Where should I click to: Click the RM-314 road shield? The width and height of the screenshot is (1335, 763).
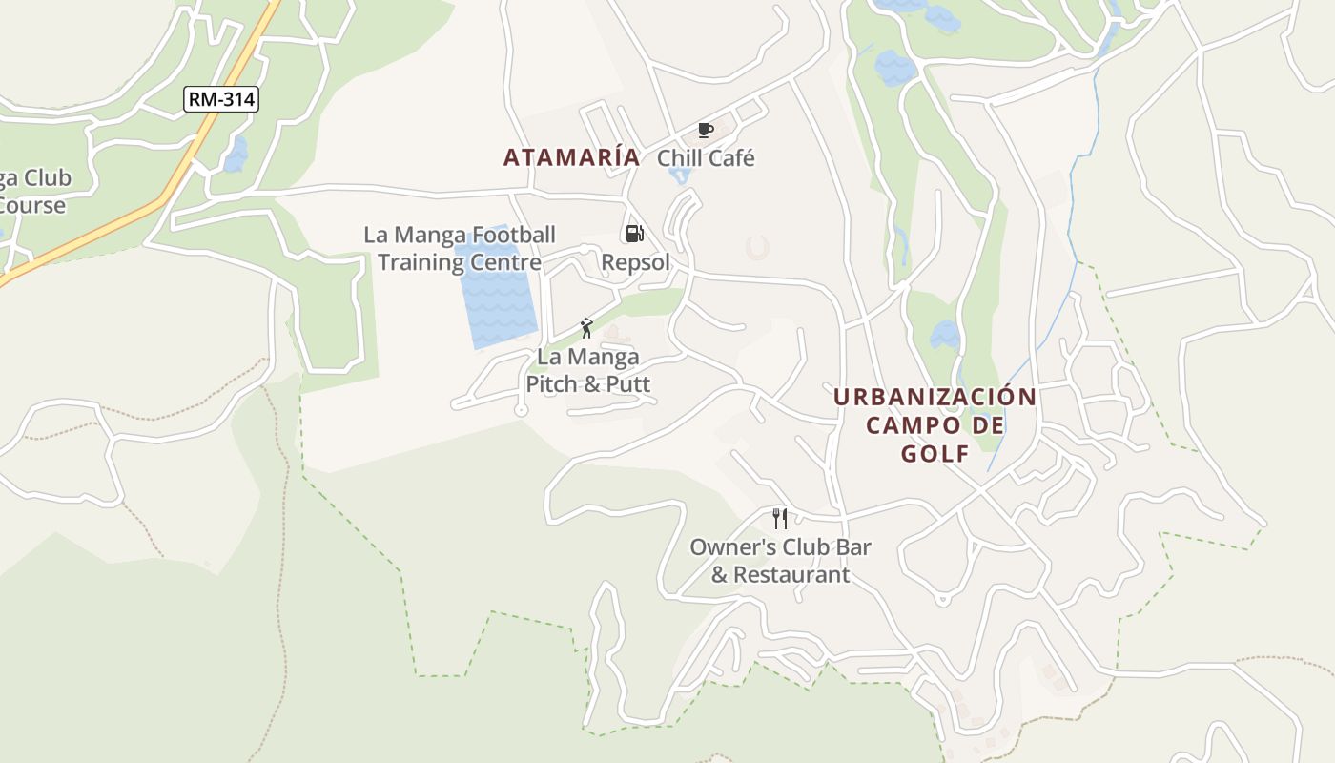[x=221, y=98]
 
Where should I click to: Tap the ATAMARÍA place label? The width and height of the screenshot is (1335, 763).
[x=571, y=157]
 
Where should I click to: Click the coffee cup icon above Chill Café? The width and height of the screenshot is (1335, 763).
[x=706, y=130]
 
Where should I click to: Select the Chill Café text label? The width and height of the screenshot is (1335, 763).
[x=706, y=158]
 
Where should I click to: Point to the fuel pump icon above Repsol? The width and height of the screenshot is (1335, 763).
[x=634, y=234]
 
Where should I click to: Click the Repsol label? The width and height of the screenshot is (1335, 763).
[x=635, y=262]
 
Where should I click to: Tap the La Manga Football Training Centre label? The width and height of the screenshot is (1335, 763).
[x=460, y=248]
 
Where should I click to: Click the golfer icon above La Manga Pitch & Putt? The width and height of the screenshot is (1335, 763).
[x=586, y=328]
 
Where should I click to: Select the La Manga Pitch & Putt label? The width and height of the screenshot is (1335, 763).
[x=588, y=371]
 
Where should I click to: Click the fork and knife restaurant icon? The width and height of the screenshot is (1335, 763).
[x=780, y=518]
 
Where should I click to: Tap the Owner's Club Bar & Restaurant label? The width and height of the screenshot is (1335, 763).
[x=780, y=561]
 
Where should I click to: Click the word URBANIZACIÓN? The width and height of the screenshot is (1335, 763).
[x=934, y=397]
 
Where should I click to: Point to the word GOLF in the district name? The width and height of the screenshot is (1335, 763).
[x=935, y=454]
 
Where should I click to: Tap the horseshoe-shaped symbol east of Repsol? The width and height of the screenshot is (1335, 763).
[x=758, y=248]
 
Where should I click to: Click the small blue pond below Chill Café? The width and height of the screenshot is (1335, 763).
[x=679, y=176]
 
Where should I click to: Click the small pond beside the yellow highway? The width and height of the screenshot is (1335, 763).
[x=235, y=154]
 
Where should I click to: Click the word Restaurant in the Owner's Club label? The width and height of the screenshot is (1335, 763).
[x=791, y=575]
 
